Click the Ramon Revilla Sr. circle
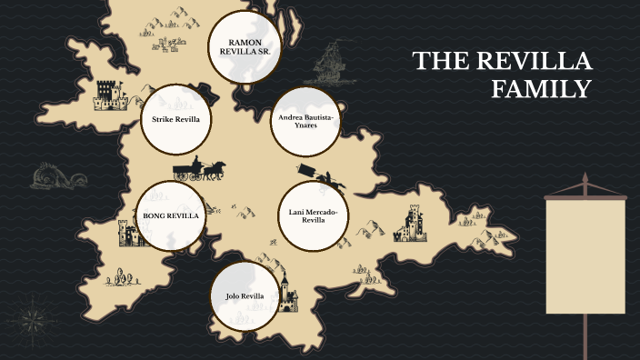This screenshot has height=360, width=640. click(245, 48)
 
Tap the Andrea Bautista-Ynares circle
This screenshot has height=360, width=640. click(305, 120)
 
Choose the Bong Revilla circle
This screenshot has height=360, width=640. click(170, 215)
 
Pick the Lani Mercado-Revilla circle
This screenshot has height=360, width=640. click(312, 215)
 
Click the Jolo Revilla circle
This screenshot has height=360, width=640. click(245, 296)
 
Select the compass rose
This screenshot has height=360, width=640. click(35, 319)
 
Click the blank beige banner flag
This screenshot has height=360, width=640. click(585, 255)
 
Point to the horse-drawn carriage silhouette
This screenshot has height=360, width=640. click(199, 170)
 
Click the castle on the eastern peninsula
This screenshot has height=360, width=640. click(412, 224)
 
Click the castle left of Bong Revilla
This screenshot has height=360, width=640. click(128, 234)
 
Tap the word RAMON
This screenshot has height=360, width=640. click(245, 42)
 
